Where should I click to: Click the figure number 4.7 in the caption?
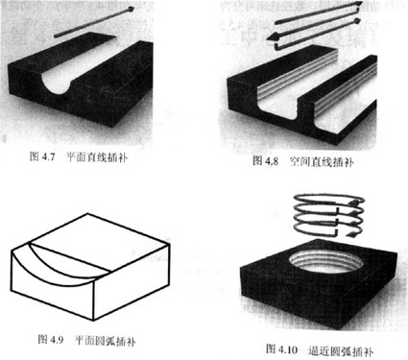pyautogui.click(x=48, y=156)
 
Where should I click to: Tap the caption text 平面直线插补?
pyautogui.click(x=97, y=157)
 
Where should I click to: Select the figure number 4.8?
pyautogui.click(x=272, y=160)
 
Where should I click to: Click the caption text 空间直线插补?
pyautogui.click(x=322, y=161)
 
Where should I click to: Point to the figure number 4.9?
pyautogui.click(x=57, y=339)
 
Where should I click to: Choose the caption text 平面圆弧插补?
pyautogui.click(x=105, y=341)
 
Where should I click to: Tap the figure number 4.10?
pyautogui.click(x=288, y=348)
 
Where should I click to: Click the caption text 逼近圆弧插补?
pyautogui.click(x=341, y=350)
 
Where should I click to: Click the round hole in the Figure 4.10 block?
pyautogui.click(x=326, y=262)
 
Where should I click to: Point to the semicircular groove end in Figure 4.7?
pyautogui.click(x=58, y=83)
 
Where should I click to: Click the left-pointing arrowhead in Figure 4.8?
pyautogui.click(x=273, y=37)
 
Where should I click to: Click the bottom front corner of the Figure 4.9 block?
pyautogui.click(x=93, y=321)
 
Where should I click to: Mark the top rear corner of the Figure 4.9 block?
pyautogui.click(x=87, y=214)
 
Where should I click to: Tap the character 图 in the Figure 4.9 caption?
pyautogui.click(x=42, y=339)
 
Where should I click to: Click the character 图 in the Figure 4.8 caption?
pyautogui.click(x=257, y=160)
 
